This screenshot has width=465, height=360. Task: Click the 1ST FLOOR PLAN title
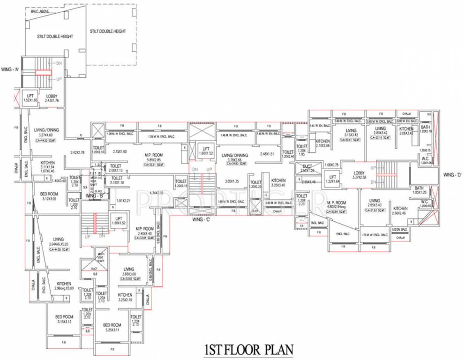coord(248,350)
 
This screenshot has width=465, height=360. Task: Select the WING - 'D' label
coord(452,174)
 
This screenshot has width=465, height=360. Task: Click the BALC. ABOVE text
coord(41,11)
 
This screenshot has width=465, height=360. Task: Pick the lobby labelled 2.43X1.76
coord(52,98)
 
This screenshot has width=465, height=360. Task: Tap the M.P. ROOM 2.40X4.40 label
coord(145,232)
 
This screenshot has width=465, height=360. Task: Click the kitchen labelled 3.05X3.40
coord(278,183)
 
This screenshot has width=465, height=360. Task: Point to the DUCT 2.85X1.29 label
coord(307,169)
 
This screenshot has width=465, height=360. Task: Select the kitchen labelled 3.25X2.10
coord(125,297)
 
